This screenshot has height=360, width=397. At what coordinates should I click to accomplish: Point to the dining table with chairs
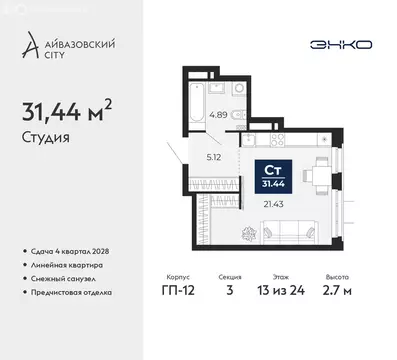319,174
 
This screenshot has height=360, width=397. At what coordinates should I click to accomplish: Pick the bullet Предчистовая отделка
79,292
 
